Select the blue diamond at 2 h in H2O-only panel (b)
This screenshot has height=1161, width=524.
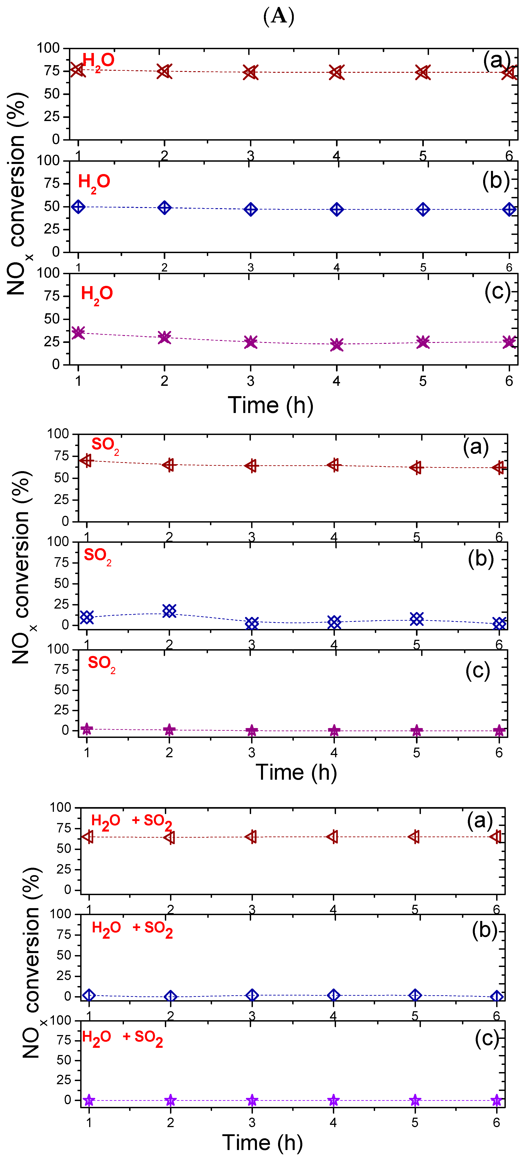(x=165, y=208)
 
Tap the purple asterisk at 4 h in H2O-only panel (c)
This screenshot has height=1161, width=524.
(x=336, y=345)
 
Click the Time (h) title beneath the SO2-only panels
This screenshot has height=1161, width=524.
(x=296, y=773)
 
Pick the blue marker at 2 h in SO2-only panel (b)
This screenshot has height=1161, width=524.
(x=169, y=611)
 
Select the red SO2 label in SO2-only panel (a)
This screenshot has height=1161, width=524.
(x=105, y=445)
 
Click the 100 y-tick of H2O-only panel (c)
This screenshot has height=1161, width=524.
(x=48, y=273)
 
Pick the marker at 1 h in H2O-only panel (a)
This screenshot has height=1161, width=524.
(x=77, y=70)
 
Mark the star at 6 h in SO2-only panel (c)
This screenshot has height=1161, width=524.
(x=499, y=731)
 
